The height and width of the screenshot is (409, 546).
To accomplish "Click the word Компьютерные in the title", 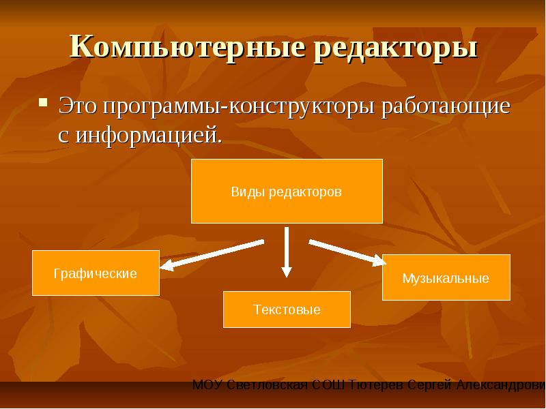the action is [188, 46].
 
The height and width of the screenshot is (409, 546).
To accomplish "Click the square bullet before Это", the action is [43, 102].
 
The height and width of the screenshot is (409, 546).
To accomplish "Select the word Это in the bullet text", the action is [77, 106].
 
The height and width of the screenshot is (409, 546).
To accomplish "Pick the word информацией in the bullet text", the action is [149, 136].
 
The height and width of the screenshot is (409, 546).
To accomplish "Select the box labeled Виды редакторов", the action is [287, 191].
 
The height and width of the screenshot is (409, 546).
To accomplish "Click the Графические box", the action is [96, 273].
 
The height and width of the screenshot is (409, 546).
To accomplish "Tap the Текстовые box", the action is [287, 309].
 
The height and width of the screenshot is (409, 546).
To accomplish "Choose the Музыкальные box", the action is [446, 277].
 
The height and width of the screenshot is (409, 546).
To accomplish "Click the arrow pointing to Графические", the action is [212, 255].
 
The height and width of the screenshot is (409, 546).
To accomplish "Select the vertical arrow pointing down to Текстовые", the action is [286, 252].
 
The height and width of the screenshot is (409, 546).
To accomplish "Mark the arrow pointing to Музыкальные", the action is [347, 253].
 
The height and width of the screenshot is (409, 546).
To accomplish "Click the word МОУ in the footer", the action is [207, 385].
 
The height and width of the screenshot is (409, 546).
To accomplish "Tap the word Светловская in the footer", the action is [268, 385].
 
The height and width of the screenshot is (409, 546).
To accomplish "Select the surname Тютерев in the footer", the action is [376, 385].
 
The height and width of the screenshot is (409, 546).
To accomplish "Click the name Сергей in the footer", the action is [429, 386].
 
